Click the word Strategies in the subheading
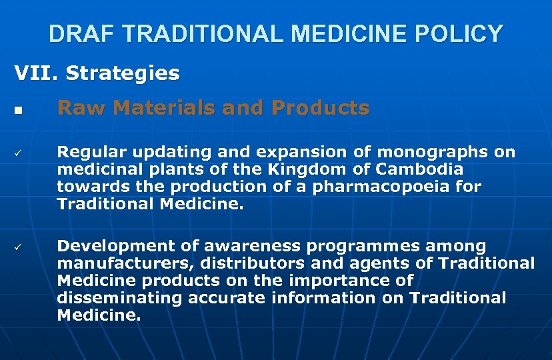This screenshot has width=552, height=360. point(123,73)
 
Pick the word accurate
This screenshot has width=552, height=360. point(227,299)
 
